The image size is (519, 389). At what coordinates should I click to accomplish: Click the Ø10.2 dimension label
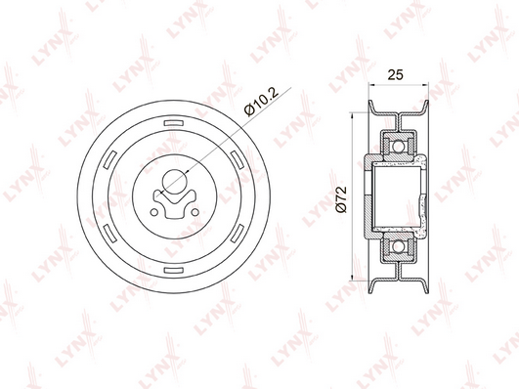coord(262,102)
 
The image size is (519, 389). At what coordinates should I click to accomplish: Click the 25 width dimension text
coord(396,75)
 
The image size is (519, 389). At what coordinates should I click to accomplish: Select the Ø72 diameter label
coord(341,199)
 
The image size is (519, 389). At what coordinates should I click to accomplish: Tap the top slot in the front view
coord(174,123)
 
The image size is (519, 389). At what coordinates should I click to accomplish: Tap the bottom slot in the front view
coord(174,270)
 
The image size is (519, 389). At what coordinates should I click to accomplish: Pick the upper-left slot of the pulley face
coord(110,159)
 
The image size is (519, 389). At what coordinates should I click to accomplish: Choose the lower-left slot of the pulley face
coord(110,234)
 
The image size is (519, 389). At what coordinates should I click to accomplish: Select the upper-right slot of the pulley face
coord(237,159)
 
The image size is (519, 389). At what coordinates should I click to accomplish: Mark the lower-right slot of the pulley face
coord(237,234)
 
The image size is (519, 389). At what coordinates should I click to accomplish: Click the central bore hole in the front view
coord(174,182)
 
